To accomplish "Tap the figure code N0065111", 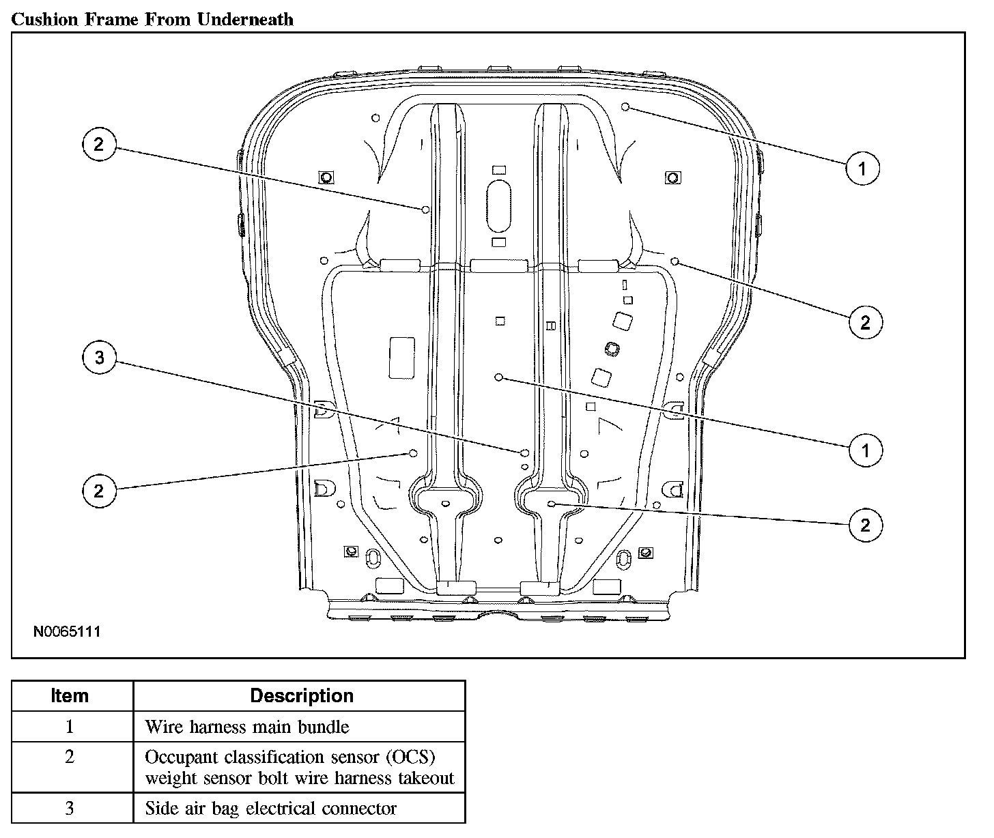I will point(67,631).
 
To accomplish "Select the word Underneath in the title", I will point(245,19).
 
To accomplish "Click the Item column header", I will point(70,695).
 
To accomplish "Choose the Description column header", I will point(301,695).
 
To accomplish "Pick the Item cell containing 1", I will point(70,726).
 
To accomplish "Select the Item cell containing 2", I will point(70,757).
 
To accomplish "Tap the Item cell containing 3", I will point(70,809).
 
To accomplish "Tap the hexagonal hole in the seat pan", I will point(612,349).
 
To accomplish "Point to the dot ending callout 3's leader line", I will point(524,452).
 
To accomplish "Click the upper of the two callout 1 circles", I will point(863,167).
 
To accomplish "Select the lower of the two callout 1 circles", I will point(865,450).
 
